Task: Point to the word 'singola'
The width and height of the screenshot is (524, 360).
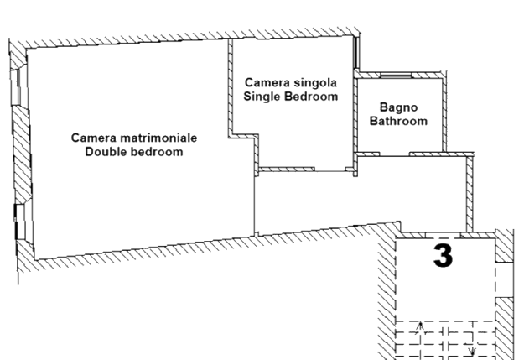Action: click(314, 83)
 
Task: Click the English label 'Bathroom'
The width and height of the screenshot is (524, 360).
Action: click(398, 121)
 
